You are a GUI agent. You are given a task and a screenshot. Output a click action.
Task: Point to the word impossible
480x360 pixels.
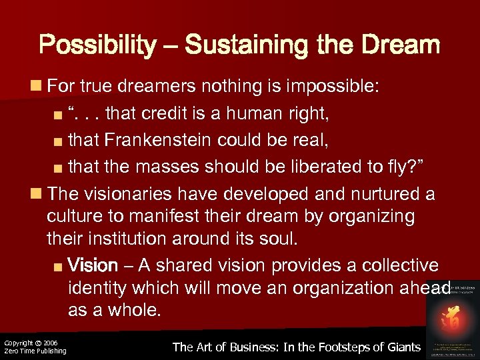coord(331,85)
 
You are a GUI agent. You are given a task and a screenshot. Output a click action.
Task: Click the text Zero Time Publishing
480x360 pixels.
coord(35,351)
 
